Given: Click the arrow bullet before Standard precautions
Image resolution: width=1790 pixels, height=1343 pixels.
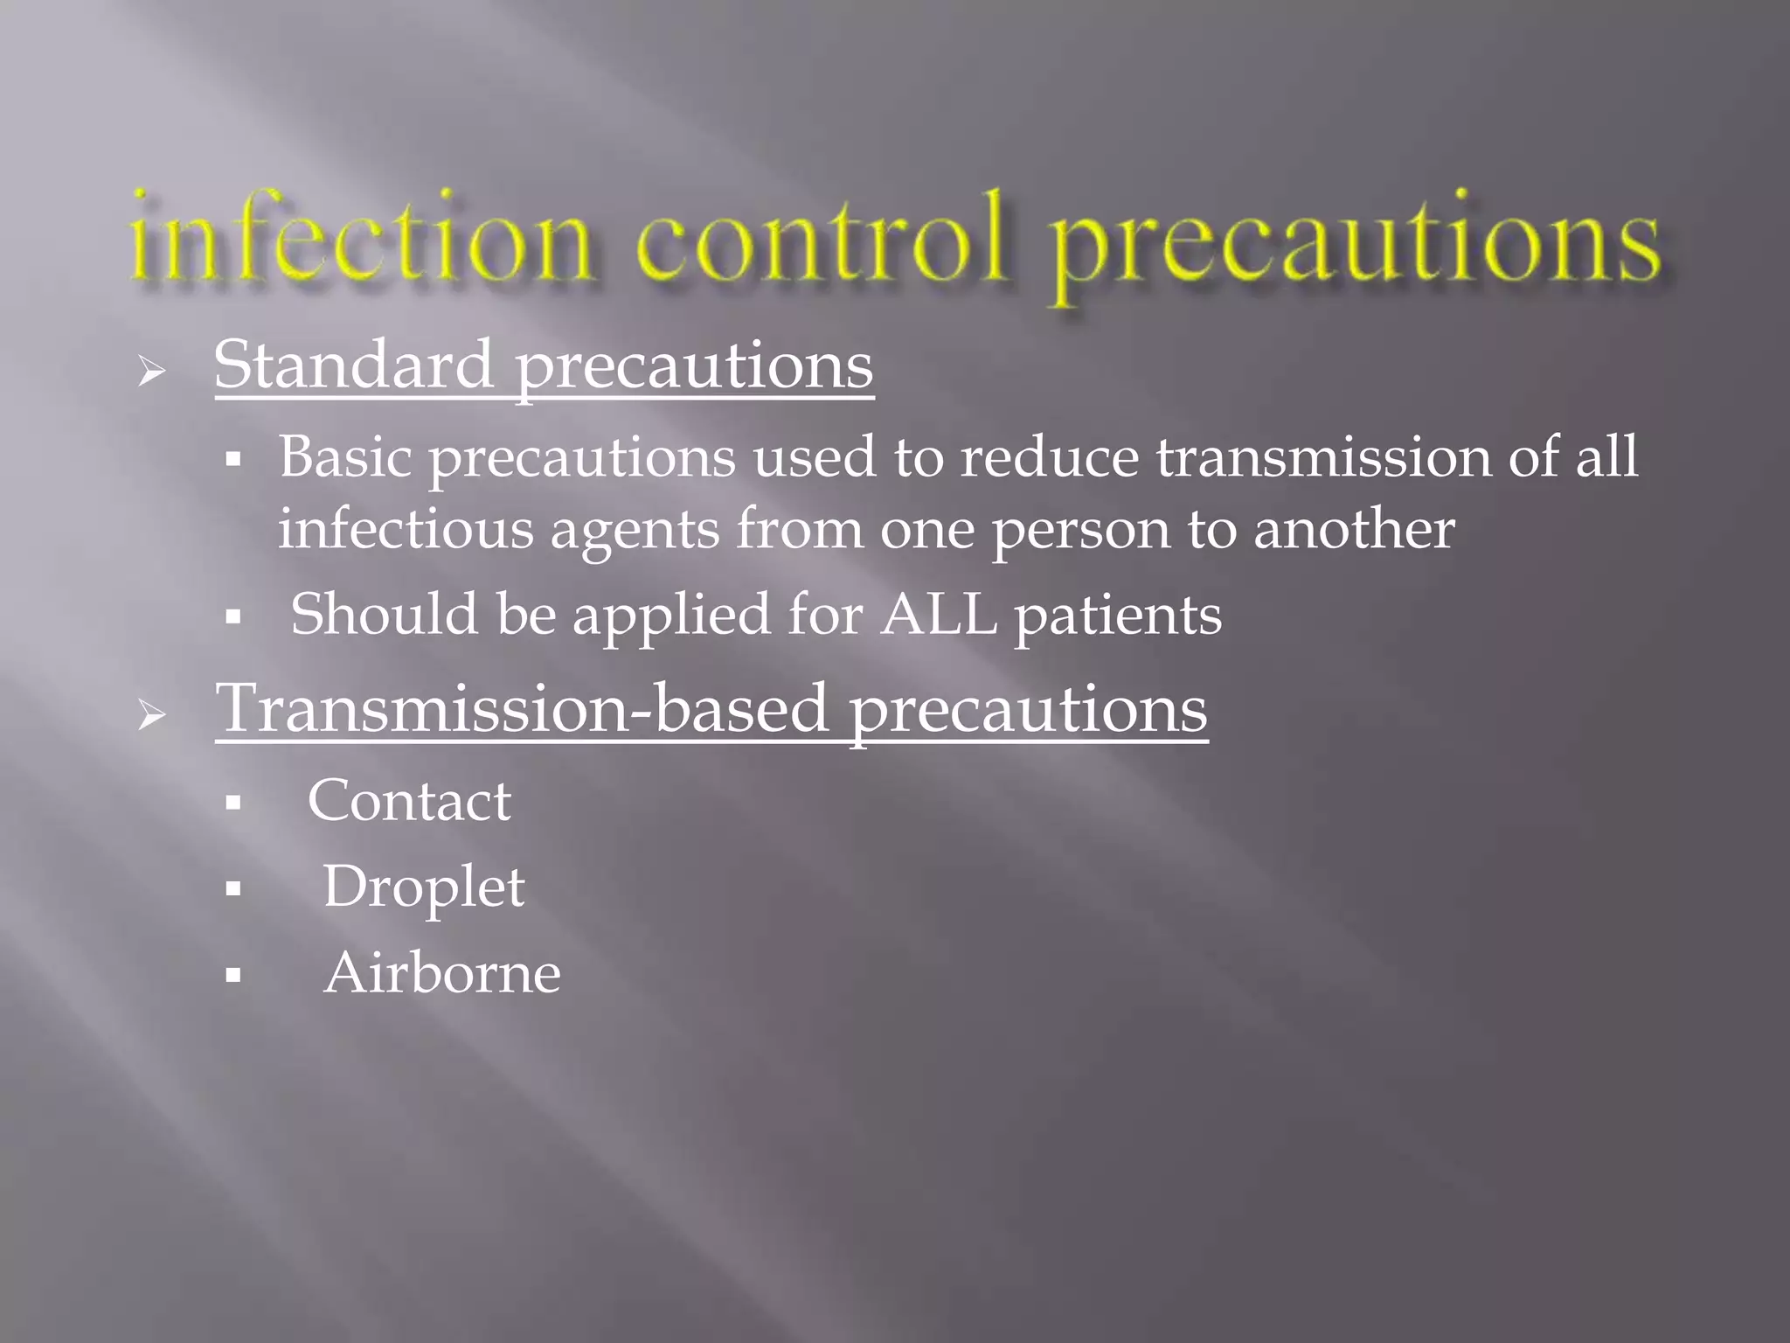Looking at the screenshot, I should click(x=152, y=372).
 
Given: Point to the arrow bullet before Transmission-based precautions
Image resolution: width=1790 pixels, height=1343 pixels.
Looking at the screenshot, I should click(x=152, y=717).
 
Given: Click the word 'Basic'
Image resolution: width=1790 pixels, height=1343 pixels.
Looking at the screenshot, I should click(x=344, y=456).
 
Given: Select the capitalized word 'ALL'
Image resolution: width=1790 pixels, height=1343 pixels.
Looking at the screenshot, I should click(x=939, y=614).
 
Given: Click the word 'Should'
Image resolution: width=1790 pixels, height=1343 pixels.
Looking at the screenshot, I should click(x=384, y=614).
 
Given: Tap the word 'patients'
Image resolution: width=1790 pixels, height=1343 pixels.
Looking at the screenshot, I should click(x=1118, y=616).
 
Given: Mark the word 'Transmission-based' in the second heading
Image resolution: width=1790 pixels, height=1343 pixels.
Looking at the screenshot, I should click(x=522, y=708).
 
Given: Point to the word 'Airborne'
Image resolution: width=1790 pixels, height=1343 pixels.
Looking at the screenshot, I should click(x=441, y=972).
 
